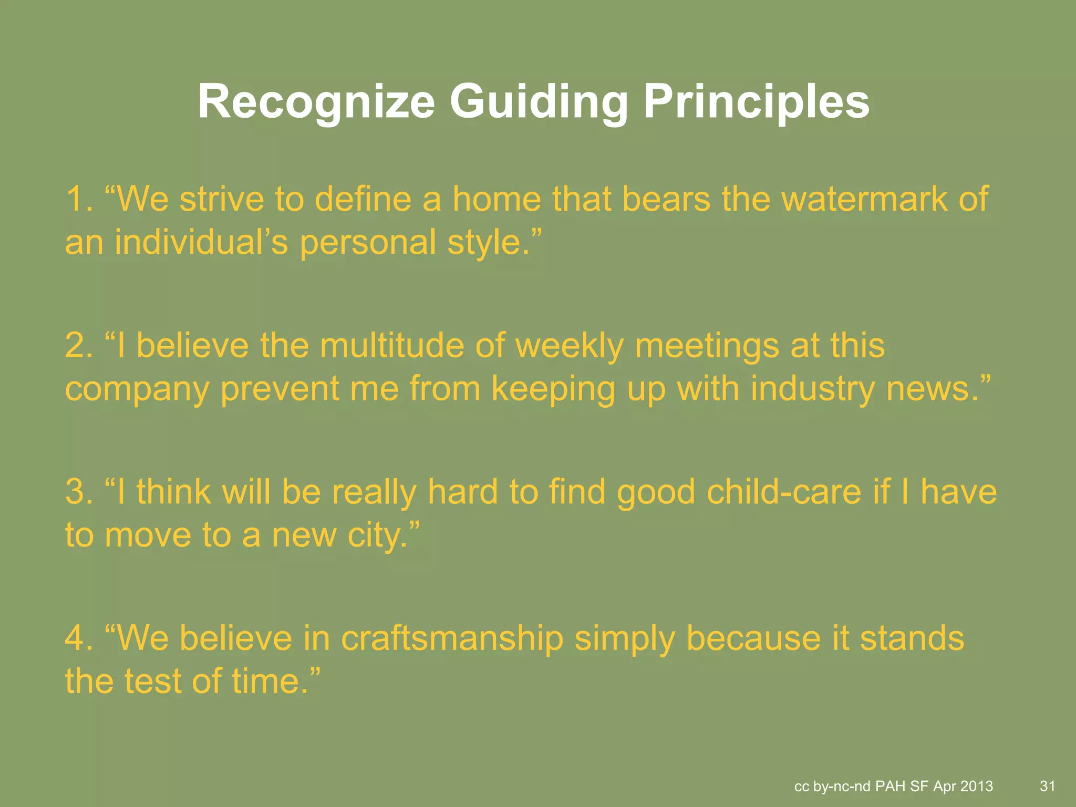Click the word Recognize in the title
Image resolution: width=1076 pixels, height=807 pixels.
(316, 102)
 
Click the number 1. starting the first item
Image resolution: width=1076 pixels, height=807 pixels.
(79, 200)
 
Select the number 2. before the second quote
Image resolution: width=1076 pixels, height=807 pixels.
(79, 346)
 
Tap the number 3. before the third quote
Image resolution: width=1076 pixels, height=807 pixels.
(79, 492)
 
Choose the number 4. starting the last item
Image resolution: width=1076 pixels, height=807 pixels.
(79, 639)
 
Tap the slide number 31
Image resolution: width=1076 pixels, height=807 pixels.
(1047, 786)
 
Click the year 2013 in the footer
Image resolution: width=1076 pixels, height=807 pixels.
(976, 787)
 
